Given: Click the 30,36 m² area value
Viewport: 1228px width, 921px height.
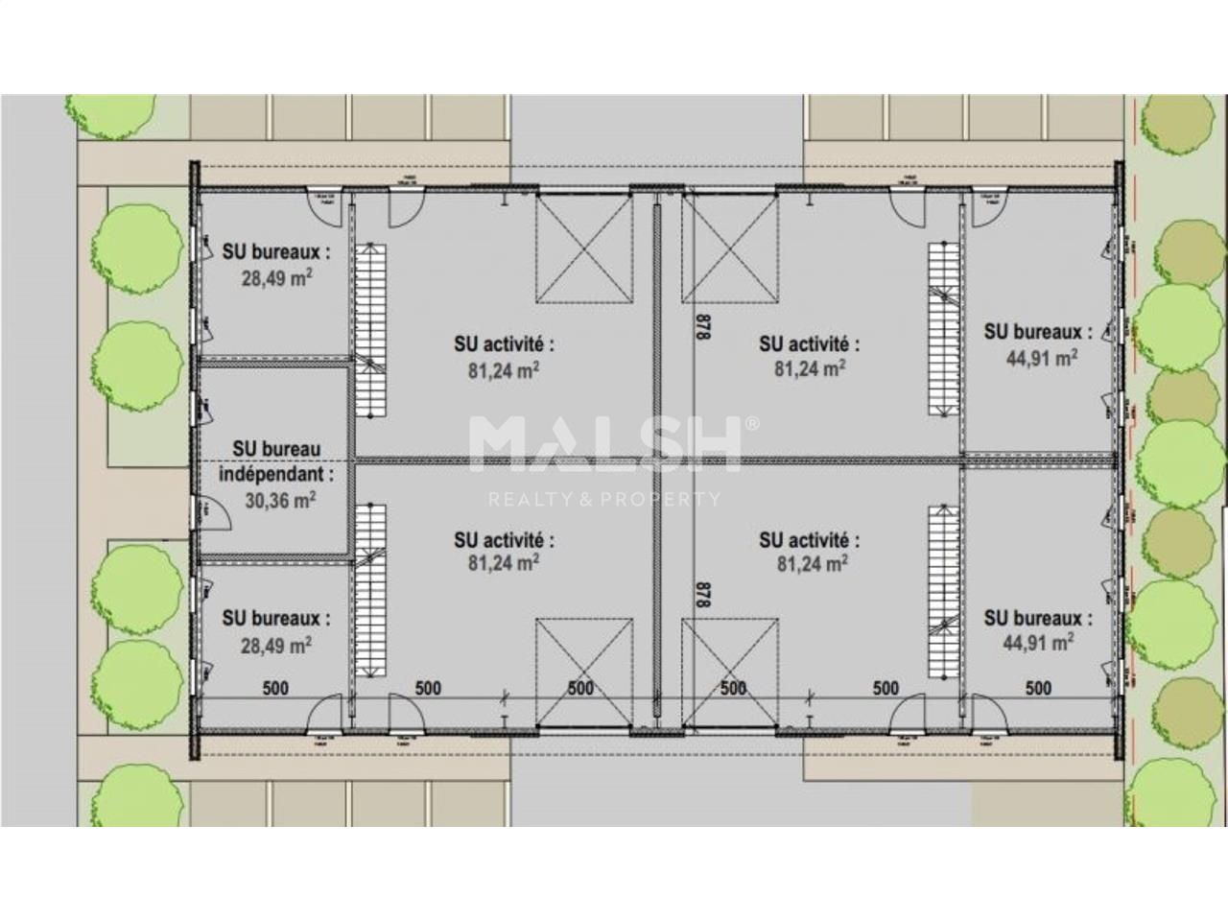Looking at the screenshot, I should (278, 500).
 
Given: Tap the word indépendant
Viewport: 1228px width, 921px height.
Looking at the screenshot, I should (277, 474).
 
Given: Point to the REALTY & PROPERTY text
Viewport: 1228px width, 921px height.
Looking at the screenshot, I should (604, 499).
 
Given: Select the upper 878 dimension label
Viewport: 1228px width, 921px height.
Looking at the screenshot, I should (702, 330).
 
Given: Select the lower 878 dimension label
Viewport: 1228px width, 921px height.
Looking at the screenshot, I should (702, 596).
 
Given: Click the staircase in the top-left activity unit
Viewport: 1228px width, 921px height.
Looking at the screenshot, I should (368, 330).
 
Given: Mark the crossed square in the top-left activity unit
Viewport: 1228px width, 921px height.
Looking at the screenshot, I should (584, 246).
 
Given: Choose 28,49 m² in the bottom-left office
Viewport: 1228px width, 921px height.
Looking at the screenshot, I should (276, 646).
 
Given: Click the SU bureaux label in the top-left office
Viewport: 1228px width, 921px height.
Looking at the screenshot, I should (276, 252).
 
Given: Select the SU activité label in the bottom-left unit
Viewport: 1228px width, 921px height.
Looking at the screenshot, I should (505, 541).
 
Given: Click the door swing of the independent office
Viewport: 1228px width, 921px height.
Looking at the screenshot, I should (216, 512).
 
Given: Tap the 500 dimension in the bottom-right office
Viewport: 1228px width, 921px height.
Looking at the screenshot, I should (1038, 688).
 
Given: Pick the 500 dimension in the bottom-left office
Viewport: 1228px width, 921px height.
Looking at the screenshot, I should (275, 688).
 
